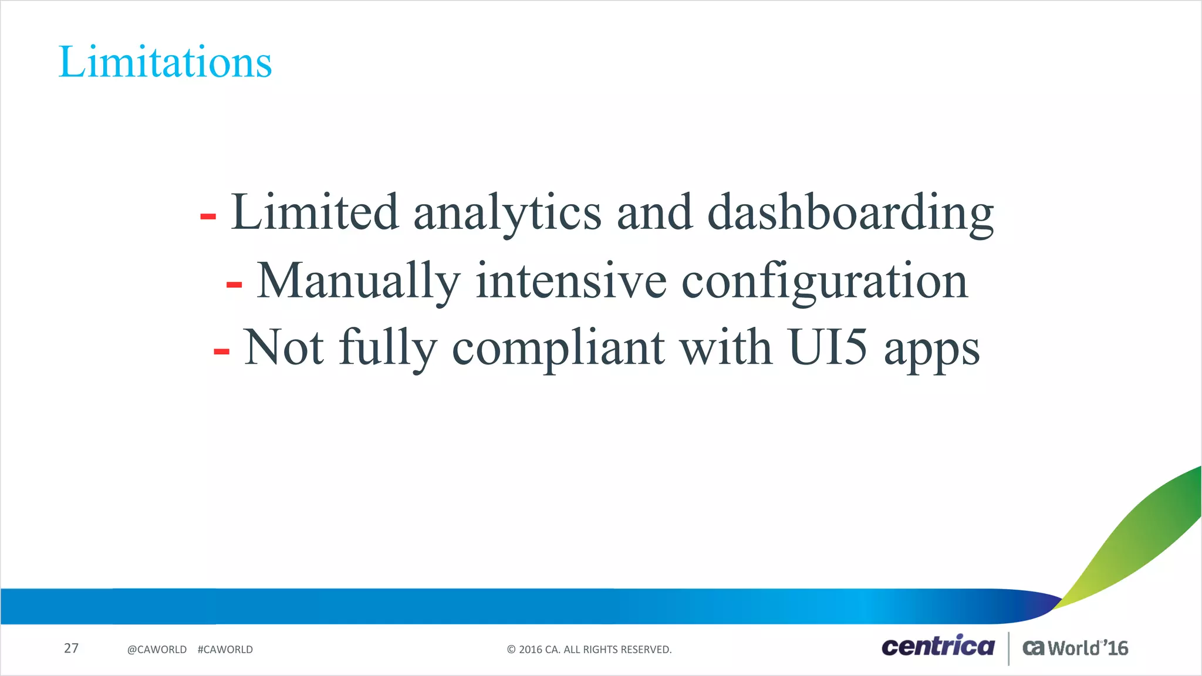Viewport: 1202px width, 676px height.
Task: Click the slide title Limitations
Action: pyautogui.click(x=165, y=62)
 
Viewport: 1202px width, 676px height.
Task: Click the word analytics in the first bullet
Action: pyautogui.click(x=507, y=212)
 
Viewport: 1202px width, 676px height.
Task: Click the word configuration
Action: pyautogui.click(x=824, y=282)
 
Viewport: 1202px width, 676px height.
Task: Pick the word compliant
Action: pyautogui.click(x=558, y=349)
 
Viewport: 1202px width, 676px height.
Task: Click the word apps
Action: pyautogui.click(x=931, y=351)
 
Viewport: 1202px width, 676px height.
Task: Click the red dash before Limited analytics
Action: pyautogui.click(x=208, y=217)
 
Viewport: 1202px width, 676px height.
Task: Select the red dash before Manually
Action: pyautogui.click(x=234, y=285)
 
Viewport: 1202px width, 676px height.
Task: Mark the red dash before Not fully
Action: pyautogui.click(x=221, y=352)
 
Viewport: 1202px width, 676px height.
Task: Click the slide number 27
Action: pyautogui.click(x=71, y=648)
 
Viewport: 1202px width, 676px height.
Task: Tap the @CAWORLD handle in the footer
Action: pyautogui.click(x=157, y=650)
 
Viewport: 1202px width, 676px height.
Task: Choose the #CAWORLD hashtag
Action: pyautogui.click(x=225, y=650)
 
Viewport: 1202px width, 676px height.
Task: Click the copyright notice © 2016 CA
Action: pyautogui.click(x=589, y=650)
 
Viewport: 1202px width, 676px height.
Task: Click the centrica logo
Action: pyautogui.click(x=937, y=646)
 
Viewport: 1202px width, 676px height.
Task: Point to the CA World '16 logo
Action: pyautogui.click(x=1075, y=648)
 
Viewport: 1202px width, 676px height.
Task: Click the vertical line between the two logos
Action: pyautogui.click(x=1008, y=648)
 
